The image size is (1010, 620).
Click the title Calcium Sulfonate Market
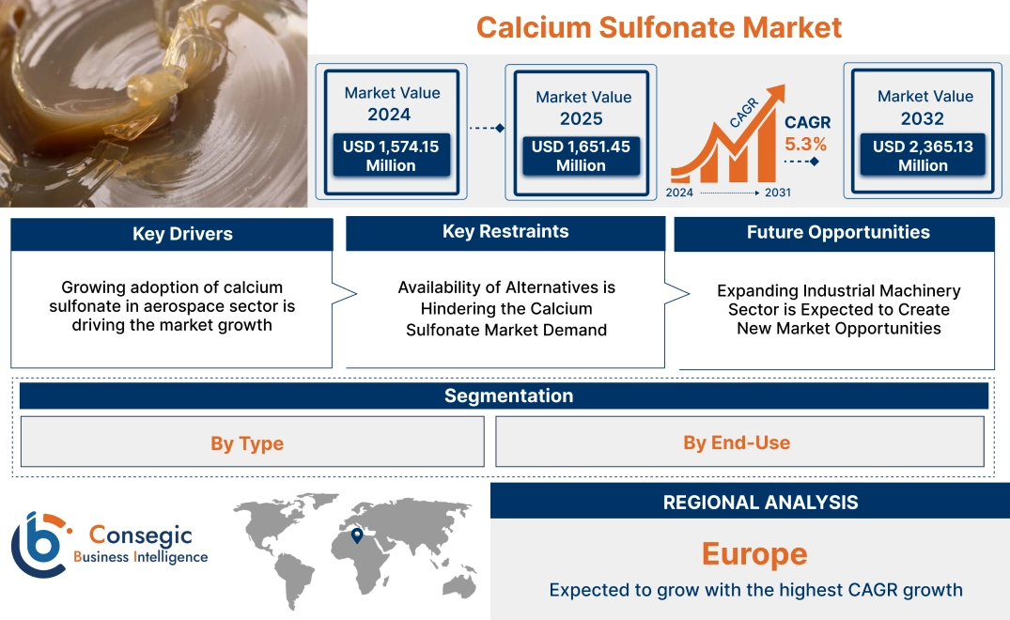pyautogui.click(x=659, y=26)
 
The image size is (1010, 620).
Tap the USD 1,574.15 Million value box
pyautogui.click(x=391, y=155)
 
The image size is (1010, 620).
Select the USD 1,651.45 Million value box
pyautogui.click(x=581, y=155)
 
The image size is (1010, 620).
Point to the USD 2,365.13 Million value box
pyautogui.click(x=923, y=155)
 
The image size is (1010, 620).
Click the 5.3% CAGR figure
pyautogui.click(x=806, y=144)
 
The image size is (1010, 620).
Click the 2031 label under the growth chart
pyautogui.click(x=778, y=193)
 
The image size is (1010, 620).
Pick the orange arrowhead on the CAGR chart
pyautogui.click(x=776, y=93)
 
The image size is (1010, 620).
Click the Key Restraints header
pyautogui.click(x=505, y=232)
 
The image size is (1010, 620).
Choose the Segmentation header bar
pyautogui.click(x=508, y=395)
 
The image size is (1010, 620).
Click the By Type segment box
pyautogui.click(x=247, y=442)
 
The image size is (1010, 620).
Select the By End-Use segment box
pyautogui.click(x=737, y=442)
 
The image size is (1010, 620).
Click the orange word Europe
pyautogui.click(x=754, y=553)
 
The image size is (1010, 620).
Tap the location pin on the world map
pyautogui.click(x=357, y=535)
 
